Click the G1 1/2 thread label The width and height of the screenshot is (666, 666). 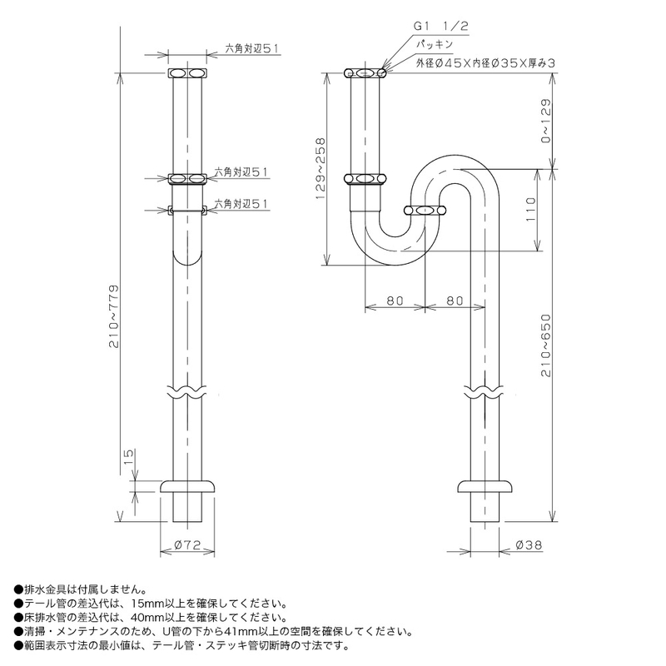pyautogui.click(x=441, y=27)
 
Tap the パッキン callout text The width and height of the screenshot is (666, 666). pyautogui.click(x=434, y=44)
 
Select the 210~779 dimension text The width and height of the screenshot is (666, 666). pyautogui.click(x=114, y=316)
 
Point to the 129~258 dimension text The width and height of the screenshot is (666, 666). pyautogui.click(x=321, y=168)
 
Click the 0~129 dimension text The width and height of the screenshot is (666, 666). pyautogui.click(x=546, y=121)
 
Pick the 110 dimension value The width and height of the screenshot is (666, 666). pyautogui.click(x=531, y=210)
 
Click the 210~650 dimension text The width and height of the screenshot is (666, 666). pyautogui.click(x=546, y=345)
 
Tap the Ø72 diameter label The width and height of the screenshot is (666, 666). pyautogui.click(x=187, y=544)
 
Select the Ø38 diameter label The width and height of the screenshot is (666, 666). pyautogui.click(x=529, y=544)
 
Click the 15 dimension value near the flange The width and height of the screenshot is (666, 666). pyautogui.click(x=129, y=455)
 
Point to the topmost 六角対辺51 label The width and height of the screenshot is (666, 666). pyautogui.click(x=251, y=49)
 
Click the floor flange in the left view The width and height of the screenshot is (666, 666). pyautogui.click(x=187, y=486)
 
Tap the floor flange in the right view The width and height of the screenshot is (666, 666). pyautogui.click(x=485, y=486)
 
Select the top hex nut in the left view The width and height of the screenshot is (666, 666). pyautogui.click(x=188, y=72)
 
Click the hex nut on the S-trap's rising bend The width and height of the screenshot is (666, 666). pyautogui.click(x=425, y=211)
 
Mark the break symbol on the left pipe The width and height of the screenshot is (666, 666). pyautogui.click(x=187, y=391)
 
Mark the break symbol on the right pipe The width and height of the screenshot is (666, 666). pyautogui.click(x=485, y=391)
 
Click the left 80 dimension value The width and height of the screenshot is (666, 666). pyautogui.click(x=395, y=301)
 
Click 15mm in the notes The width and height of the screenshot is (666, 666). pyautogui.click(x=145, y=604)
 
